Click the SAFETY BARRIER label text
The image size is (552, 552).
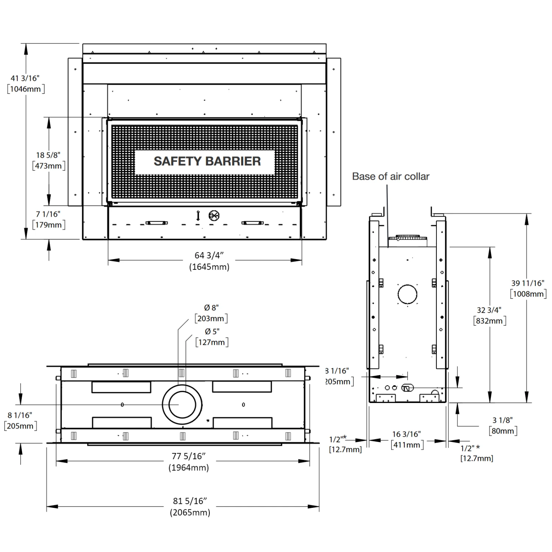pos(207,161)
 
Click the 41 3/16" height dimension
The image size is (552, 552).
pos(25,78)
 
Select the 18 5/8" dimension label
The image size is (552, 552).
pos(48,155)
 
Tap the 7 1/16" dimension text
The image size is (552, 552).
pos(48,214)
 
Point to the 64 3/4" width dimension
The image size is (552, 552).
pos(209,255)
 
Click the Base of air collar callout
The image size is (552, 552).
pos(390,176)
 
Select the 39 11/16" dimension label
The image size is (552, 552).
pos(527,283)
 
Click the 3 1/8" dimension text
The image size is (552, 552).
pos(502,420)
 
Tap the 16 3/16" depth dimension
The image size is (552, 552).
pos(406,434)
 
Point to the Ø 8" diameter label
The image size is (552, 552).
pos(211,307)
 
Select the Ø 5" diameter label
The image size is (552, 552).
pos(212,331)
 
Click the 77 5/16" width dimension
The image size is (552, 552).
pos(188,456)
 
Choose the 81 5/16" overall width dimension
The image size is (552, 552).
pos(190,501)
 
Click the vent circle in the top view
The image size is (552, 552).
pos(182,404)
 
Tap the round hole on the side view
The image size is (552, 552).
pos(407,294)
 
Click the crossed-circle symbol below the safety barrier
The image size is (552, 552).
pos(214,216)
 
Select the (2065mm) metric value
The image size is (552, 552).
pos(190,512)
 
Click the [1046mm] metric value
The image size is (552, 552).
pos(26,89)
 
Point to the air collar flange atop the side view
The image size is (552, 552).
pos(407,238)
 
